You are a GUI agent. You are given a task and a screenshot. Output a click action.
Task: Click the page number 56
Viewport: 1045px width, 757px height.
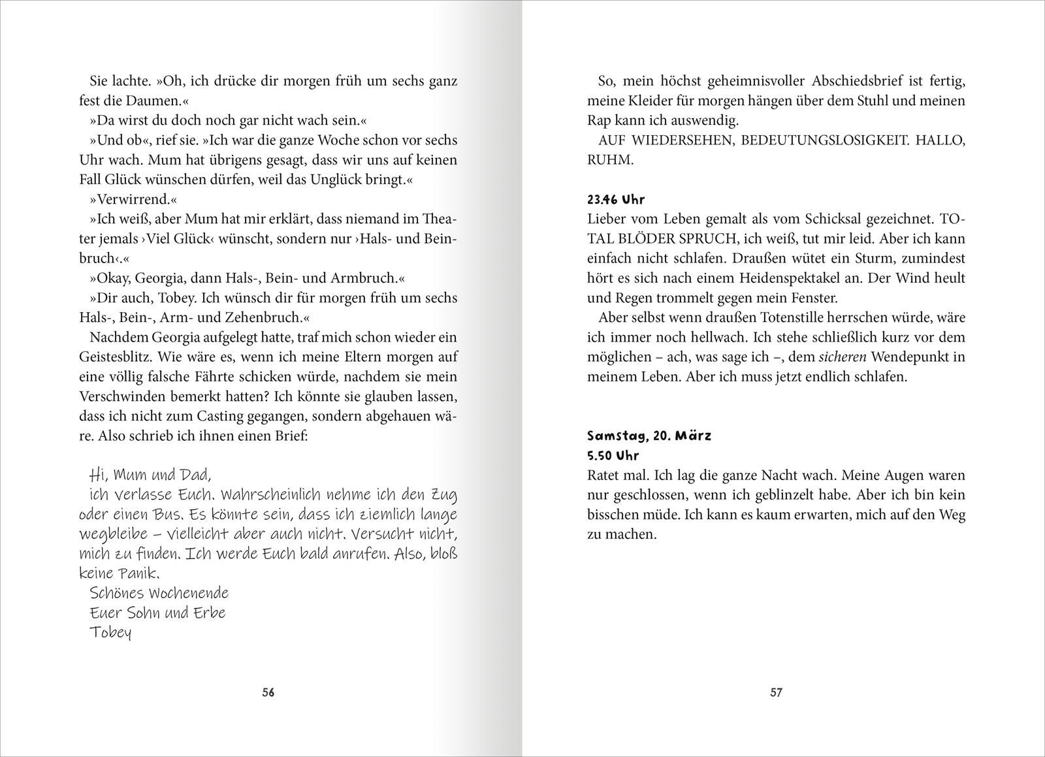268,693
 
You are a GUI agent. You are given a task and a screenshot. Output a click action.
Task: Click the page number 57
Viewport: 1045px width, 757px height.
776,693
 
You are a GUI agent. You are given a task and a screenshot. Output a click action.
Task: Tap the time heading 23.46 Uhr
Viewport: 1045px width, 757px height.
616,200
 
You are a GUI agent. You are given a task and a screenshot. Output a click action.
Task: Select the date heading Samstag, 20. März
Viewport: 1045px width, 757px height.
649,436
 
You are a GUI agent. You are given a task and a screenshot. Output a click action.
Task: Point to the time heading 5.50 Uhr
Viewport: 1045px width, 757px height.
613,455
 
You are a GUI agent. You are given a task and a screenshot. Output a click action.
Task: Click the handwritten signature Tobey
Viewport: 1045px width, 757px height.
110,632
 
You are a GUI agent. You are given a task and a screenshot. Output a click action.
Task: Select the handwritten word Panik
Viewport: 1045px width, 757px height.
138,573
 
